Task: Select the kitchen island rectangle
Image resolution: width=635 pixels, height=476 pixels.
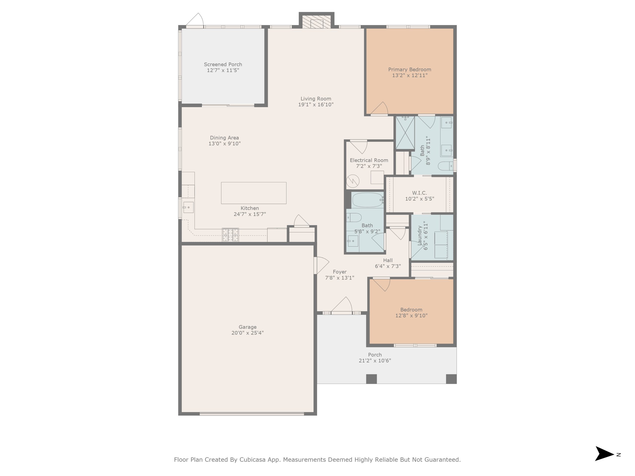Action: click(254, 193)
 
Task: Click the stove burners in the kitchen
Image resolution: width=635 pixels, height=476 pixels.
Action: click(230, 235)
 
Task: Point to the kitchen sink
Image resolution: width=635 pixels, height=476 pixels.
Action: click(188, 208)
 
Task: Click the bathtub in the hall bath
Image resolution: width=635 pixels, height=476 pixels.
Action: click(367, 200)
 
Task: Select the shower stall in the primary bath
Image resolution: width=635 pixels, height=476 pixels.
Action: click(405, 133)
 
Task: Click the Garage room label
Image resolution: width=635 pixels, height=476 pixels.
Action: click(248, 327)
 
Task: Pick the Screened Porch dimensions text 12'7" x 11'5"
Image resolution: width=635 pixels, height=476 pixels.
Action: click(223, 70)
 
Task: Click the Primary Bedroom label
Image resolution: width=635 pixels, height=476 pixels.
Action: click(410, 69)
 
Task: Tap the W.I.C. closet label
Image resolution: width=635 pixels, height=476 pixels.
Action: click(419, 193)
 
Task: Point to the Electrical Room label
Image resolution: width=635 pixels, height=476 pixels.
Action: click(369, 160)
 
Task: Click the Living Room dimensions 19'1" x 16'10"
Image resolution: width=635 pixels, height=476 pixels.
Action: click(316, 105)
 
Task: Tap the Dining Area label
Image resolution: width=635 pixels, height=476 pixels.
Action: click(224, 138)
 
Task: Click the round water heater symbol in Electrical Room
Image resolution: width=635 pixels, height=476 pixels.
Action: click(352, 181)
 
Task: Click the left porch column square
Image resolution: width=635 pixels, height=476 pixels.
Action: click(372, 379)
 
